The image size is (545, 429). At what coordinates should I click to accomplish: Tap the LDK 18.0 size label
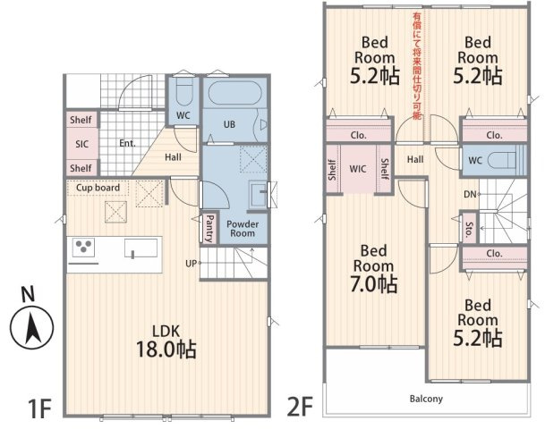coord(166,349)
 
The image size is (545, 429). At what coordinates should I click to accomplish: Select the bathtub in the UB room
coord(234,92)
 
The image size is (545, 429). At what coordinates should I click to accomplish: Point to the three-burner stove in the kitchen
coord(83,248)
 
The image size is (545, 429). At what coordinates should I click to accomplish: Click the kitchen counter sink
coord(141,248)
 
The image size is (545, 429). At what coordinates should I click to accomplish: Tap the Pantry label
coord(209,229)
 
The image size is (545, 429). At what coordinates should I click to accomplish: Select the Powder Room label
coord(243,229)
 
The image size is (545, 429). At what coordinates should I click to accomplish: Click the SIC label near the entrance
coord(82,144)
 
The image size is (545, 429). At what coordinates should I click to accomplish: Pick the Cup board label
coord(98,188)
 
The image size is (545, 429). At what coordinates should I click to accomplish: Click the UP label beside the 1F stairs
coord(191,264)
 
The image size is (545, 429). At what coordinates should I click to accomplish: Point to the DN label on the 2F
coord(470,194)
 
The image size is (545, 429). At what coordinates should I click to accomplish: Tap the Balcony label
coord(426,399)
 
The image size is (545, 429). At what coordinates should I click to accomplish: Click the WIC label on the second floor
coord(358,169)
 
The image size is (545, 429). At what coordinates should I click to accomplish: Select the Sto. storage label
coord(469,230)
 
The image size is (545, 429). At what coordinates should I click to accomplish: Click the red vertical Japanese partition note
coord(417,66)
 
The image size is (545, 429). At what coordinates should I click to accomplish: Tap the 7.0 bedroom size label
coord(374,284)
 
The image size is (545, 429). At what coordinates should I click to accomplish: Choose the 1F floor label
coord(39,408)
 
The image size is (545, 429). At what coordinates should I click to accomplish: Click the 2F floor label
coord(300,406)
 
